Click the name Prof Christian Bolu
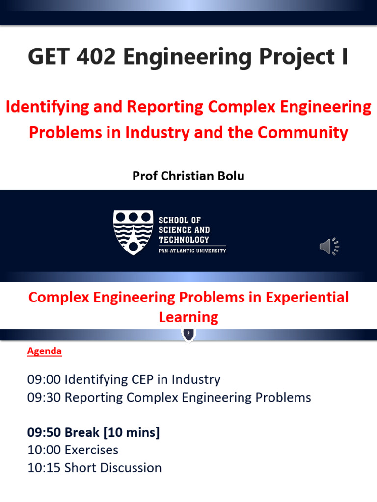(x=188, y=176)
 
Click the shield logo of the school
(x=133, y=232)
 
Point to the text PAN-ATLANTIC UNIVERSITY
(x=192, y=251)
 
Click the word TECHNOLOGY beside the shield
(x=183, y=240)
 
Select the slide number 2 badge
(x=188, y=333)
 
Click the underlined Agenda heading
(x=44, y=351)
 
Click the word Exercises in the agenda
(x=91, y=450)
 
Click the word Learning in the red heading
(x=188, y=317)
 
